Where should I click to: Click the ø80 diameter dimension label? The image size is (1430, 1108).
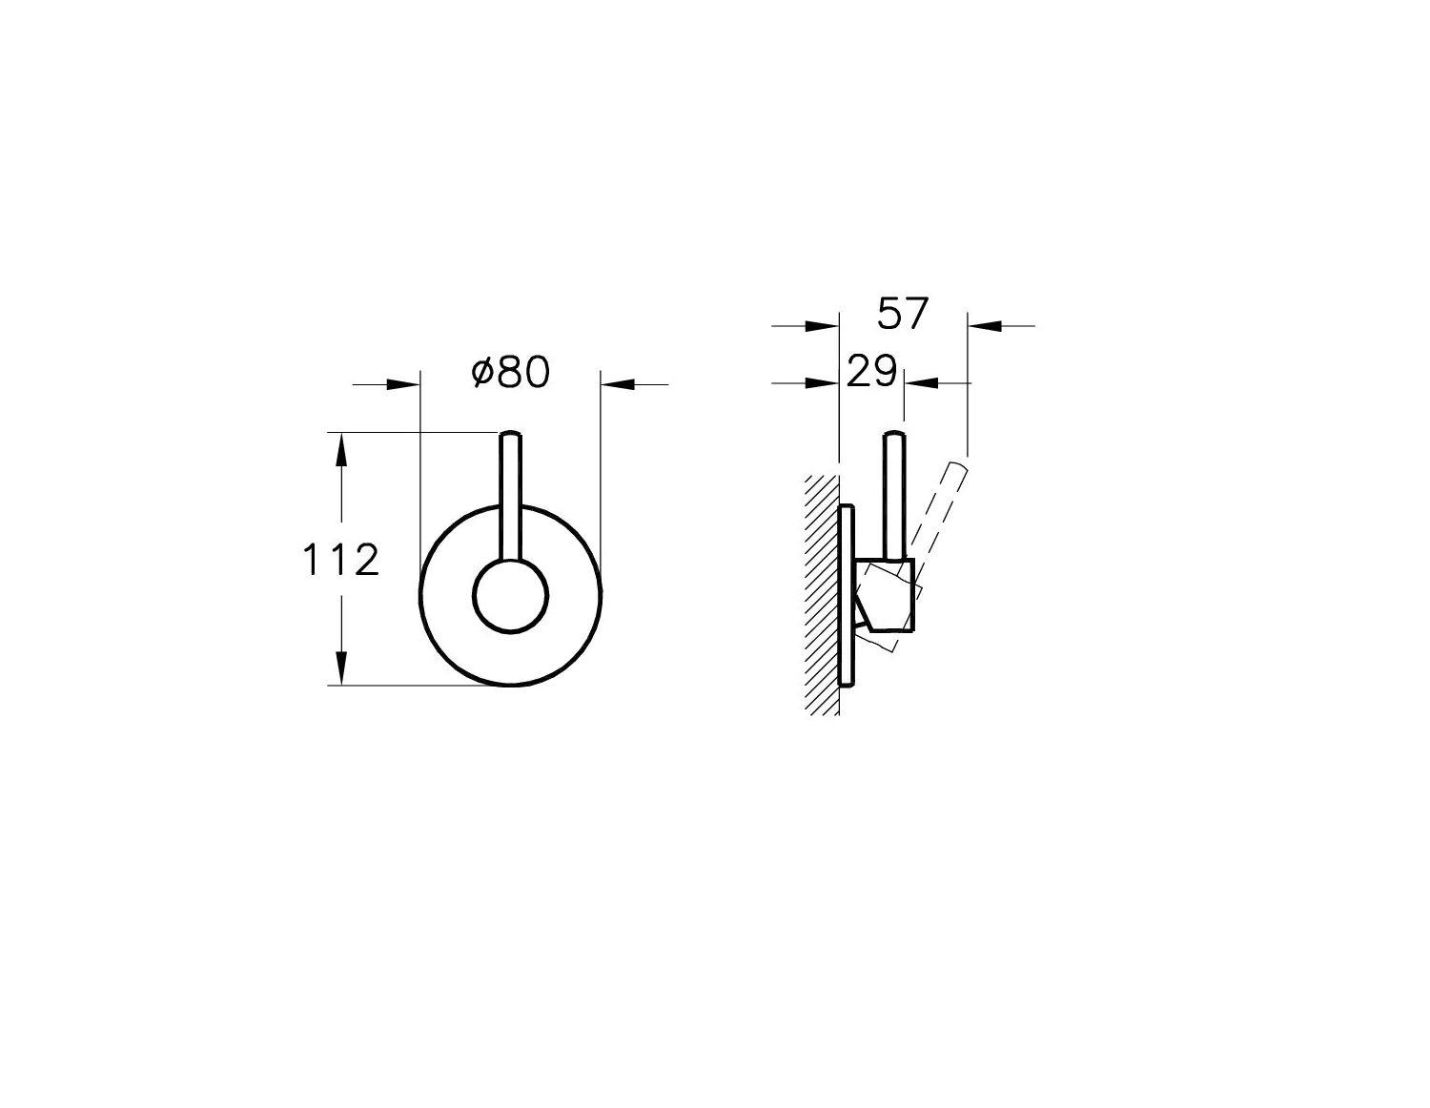(510, 373)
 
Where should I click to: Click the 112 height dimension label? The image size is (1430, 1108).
(341, 561)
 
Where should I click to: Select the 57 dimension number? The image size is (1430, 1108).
(902, 314)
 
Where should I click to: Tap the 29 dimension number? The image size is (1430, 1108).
(871, 371)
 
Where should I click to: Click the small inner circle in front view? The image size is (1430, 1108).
(511, 596)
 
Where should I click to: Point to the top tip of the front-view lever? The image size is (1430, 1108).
(511, 432)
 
